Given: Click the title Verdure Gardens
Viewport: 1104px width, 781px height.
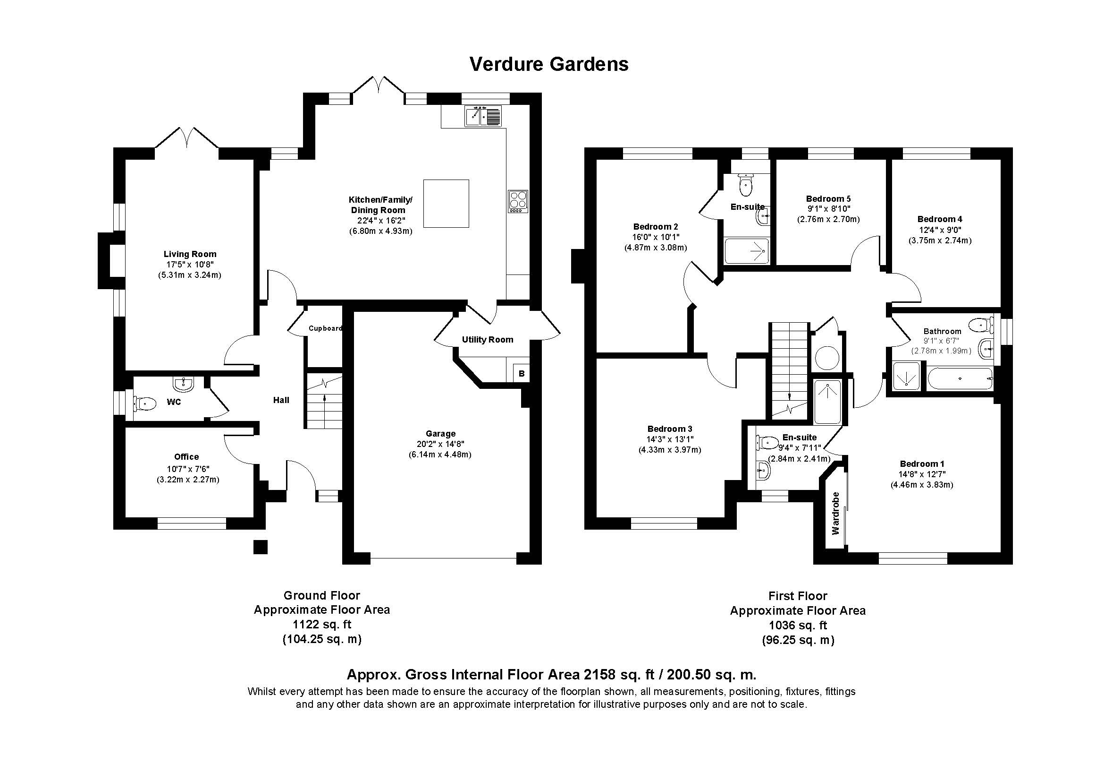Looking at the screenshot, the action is point(548,64).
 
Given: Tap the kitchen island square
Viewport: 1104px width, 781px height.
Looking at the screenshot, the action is point(446,203).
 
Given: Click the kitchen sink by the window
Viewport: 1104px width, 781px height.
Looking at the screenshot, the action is point(483,116).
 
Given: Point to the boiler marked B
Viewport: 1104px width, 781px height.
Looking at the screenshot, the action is point(522,373).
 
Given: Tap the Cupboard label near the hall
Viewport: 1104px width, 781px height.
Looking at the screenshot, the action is point(326,328).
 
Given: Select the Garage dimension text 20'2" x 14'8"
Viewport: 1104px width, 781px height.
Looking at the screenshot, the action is point(440,444).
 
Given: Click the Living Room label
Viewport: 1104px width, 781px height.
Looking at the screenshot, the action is point(190,254).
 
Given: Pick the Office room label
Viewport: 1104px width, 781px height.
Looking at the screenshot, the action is point(186,457).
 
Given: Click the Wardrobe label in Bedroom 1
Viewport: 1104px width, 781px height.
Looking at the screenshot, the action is point(835,513).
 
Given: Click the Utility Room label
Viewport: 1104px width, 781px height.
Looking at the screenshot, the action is point(488,340).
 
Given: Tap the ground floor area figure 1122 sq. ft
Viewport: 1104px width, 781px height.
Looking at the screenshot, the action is point(322,625).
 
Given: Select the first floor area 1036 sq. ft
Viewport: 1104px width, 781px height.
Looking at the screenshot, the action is point(798,626).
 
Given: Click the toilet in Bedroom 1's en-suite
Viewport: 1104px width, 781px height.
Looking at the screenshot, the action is point(768,442).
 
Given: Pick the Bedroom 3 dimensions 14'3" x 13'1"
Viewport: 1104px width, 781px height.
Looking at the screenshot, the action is point(670,439).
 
